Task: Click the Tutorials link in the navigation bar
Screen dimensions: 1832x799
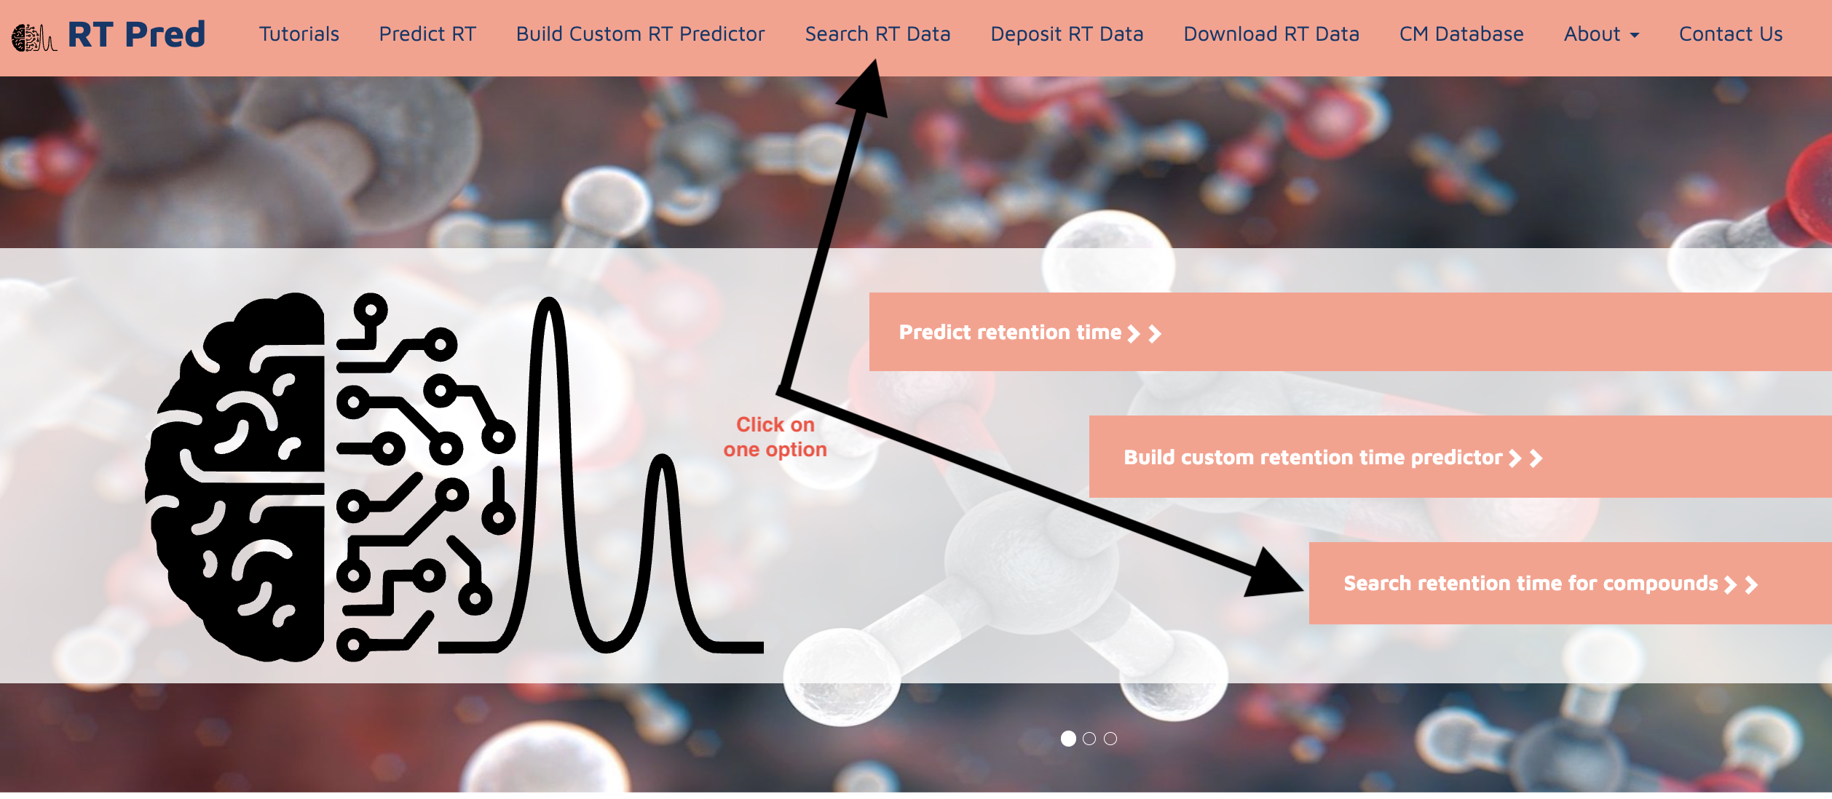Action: (299, 34)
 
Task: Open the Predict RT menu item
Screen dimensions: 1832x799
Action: (427, 34)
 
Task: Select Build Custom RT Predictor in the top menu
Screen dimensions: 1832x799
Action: (640, 34)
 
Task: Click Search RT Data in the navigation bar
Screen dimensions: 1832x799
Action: (877, 34)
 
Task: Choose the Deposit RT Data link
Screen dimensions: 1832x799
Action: (1067, 34)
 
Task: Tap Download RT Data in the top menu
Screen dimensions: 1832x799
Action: (1271, 34)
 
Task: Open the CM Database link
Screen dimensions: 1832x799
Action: (1461, 34)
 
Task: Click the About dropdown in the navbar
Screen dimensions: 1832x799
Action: (1601, 34)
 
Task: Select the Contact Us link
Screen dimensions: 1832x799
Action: (1731, 34)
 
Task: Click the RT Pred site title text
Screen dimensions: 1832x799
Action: (137, 34)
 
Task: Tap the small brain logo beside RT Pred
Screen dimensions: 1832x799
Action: (33, 38)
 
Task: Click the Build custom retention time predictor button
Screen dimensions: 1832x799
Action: (1460, 457)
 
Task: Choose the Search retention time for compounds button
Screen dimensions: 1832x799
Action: (1570, 583)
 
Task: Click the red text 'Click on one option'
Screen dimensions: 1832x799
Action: (775, 437)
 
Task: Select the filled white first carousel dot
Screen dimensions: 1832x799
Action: (1068, 739)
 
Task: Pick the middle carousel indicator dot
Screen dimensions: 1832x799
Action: (1089, 739)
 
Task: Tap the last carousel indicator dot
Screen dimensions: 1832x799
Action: (1110, 739)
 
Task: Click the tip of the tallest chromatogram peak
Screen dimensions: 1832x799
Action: (549, 301)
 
